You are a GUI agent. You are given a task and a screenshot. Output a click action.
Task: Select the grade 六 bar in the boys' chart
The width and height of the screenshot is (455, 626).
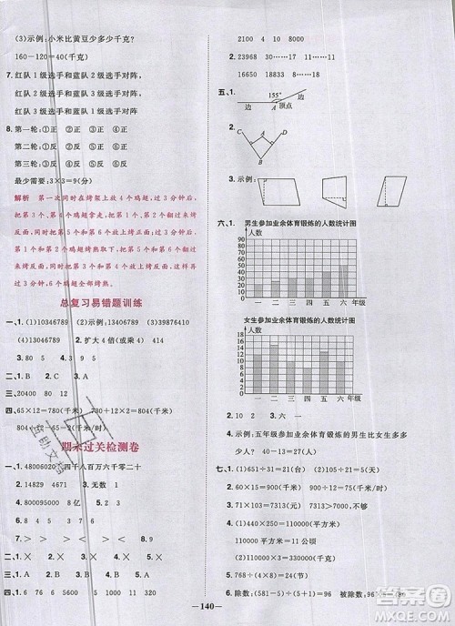pos(344,280)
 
